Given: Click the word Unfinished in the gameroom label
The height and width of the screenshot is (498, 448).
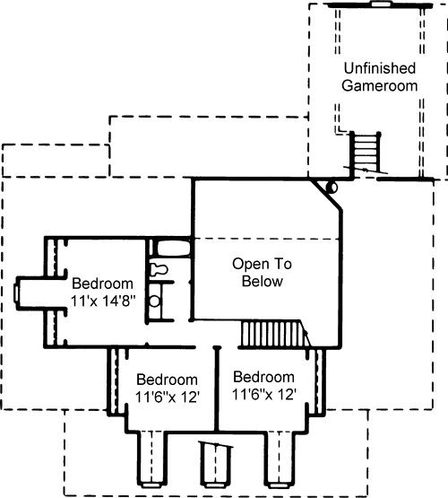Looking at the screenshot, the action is pos(380,68).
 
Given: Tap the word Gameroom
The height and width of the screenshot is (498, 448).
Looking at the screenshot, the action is pos(380,86).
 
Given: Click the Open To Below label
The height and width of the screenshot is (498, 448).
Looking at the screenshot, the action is pos(262,273).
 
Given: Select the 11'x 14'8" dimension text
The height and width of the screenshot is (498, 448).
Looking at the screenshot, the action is pos(103,301).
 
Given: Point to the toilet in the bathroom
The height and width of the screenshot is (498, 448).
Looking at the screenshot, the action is pos(159,270).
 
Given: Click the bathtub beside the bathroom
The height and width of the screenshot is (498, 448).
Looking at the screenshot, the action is pos(174,249).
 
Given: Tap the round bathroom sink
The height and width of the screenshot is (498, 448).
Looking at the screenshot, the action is pos(154,301).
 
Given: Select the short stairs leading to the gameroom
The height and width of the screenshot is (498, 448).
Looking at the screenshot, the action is pos(365,152).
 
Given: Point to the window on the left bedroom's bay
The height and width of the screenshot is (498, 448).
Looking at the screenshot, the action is pos(16,293).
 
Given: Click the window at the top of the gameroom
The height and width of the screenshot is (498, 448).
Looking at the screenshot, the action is pos(382,4).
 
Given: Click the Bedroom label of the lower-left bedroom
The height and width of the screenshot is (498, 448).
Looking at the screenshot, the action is pos(167,380).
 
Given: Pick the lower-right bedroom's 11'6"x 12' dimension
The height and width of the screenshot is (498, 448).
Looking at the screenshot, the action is pos(264,395).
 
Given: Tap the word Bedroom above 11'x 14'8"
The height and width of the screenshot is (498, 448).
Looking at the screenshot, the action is pos(102,284).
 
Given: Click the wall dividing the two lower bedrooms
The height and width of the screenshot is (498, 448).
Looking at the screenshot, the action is pos(217,389).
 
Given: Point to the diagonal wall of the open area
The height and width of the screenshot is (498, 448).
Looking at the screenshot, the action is pos(326,195).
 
